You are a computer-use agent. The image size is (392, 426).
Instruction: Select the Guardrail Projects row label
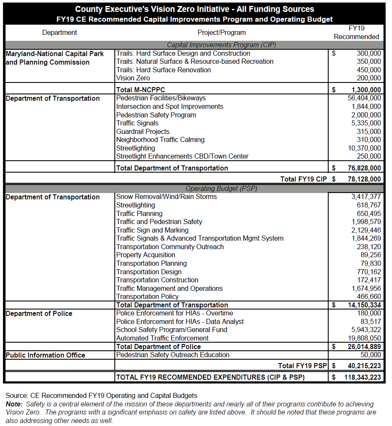pos(143,131)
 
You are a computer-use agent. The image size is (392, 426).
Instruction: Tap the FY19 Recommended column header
pos(356,32)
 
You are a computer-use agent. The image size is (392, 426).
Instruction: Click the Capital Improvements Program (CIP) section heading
pos(222,45)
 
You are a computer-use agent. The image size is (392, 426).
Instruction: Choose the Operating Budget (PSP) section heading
pos(222,188)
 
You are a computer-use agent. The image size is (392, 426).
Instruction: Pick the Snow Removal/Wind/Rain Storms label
pos(167,197)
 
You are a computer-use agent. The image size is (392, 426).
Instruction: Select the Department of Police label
pos(39,313)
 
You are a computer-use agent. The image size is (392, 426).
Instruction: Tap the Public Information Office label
pos(45,355)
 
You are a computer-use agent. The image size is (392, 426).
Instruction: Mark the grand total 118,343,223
pos(363,377)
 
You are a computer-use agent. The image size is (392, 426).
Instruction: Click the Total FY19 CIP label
pos(304,179)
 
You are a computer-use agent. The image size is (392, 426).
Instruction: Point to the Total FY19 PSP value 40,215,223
pos(364,366)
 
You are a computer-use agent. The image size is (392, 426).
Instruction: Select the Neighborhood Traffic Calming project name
pos(160,139)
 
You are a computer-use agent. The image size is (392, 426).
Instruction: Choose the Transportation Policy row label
pos(148,296)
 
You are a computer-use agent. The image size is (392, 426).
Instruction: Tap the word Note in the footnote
pos(14,404)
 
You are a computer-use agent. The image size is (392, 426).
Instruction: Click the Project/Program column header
pos(222,32)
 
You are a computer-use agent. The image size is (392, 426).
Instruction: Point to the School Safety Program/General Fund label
pos(172,330)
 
